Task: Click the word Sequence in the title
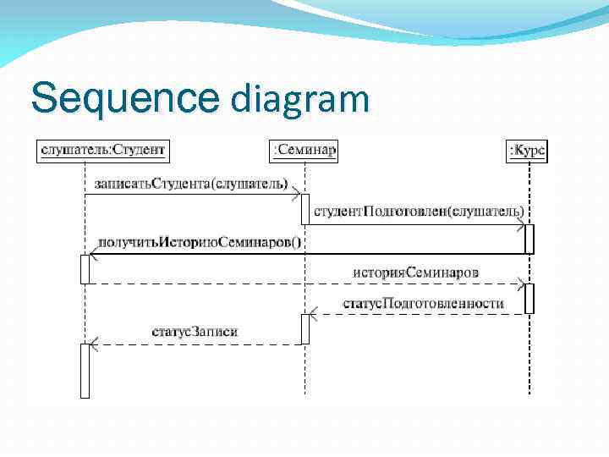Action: [125, 98]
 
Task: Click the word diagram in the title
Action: [299, 100]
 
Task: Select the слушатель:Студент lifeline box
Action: [103, 151]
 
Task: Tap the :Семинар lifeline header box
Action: [304, 151]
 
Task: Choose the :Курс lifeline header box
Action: [527, 151]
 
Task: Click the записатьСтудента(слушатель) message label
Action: [191, 183]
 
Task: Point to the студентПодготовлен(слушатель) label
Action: [419, 210]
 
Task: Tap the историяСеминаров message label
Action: [415, 272]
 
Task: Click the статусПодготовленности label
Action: [423, 302]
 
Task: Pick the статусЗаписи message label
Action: [194, 331]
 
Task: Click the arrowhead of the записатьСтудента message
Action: [296, 195]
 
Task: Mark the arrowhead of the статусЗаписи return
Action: [94, 344]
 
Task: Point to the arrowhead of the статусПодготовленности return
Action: [313, 314]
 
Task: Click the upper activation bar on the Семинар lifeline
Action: [305, 215]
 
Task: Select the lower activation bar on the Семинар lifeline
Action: [305, 328]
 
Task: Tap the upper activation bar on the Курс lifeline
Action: [529, 239]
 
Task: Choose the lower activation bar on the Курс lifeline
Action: [529, 298]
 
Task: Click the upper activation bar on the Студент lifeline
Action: [85, 268]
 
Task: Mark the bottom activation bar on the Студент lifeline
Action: [85, 370]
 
